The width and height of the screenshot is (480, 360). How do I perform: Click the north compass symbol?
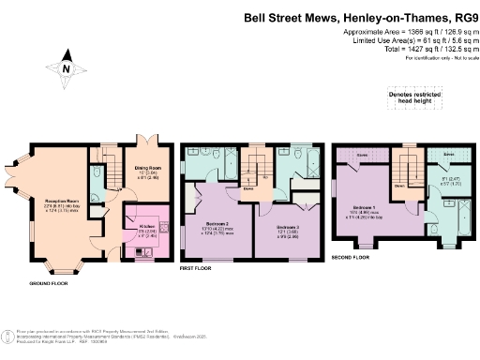[x=66, y=68]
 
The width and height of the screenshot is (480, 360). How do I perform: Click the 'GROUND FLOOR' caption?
[x=47, y=283]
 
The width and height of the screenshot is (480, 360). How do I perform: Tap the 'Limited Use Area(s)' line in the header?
[x=412, y=40]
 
